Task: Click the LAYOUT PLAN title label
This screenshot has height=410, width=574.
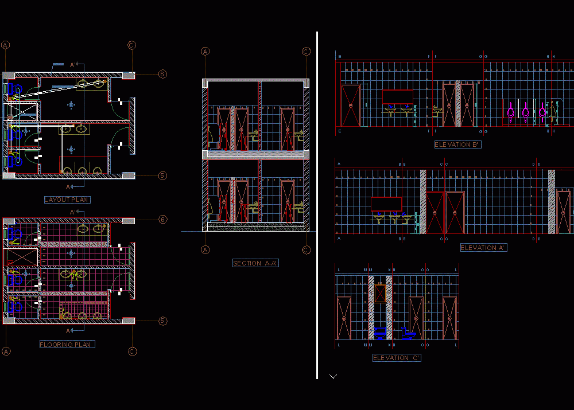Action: [x=67, y=200]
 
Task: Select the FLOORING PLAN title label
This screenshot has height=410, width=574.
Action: [x=67, y=345]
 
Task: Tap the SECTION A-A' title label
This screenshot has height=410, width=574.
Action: [x=255, y=263]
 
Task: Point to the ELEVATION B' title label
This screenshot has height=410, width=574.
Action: [x=457, y=145]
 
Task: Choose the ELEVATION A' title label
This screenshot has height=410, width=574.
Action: [x=483, y=248]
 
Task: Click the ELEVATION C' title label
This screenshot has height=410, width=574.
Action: [x=397, y=358]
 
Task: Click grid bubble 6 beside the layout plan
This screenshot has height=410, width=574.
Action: [x=162, y=74]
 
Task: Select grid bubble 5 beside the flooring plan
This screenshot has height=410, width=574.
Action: [x=162, y=321]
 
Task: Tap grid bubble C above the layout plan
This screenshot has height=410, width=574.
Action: [x=132, y=45]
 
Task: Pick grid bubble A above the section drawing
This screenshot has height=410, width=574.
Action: [x=205, y=52]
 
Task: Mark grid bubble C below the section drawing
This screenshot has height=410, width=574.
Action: [x=306, y=249]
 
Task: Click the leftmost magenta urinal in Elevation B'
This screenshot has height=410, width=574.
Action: [x=511, y=111]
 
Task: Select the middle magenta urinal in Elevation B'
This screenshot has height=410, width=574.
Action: [x=526, y=111]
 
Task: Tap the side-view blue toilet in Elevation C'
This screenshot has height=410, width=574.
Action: [x=408, y=334]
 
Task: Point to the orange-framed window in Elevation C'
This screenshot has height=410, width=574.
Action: [x=380, y=293]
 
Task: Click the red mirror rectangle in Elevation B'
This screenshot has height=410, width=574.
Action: [x=397, y=96]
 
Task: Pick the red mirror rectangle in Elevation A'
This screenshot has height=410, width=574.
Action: [x=386, y=204]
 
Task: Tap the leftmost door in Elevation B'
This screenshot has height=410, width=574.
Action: [x=351, y=105]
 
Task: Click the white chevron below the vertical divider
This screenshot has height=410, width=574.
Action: [x=333, y=377]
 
